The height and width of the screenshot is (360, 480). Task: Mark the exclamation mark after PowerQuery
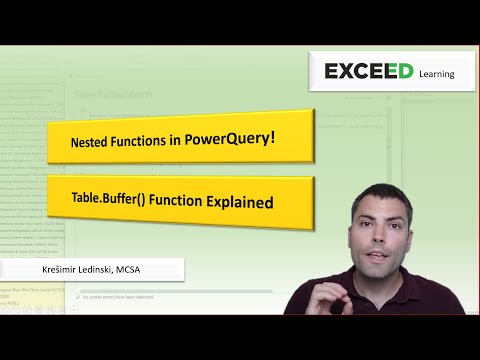pos(272,137)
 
